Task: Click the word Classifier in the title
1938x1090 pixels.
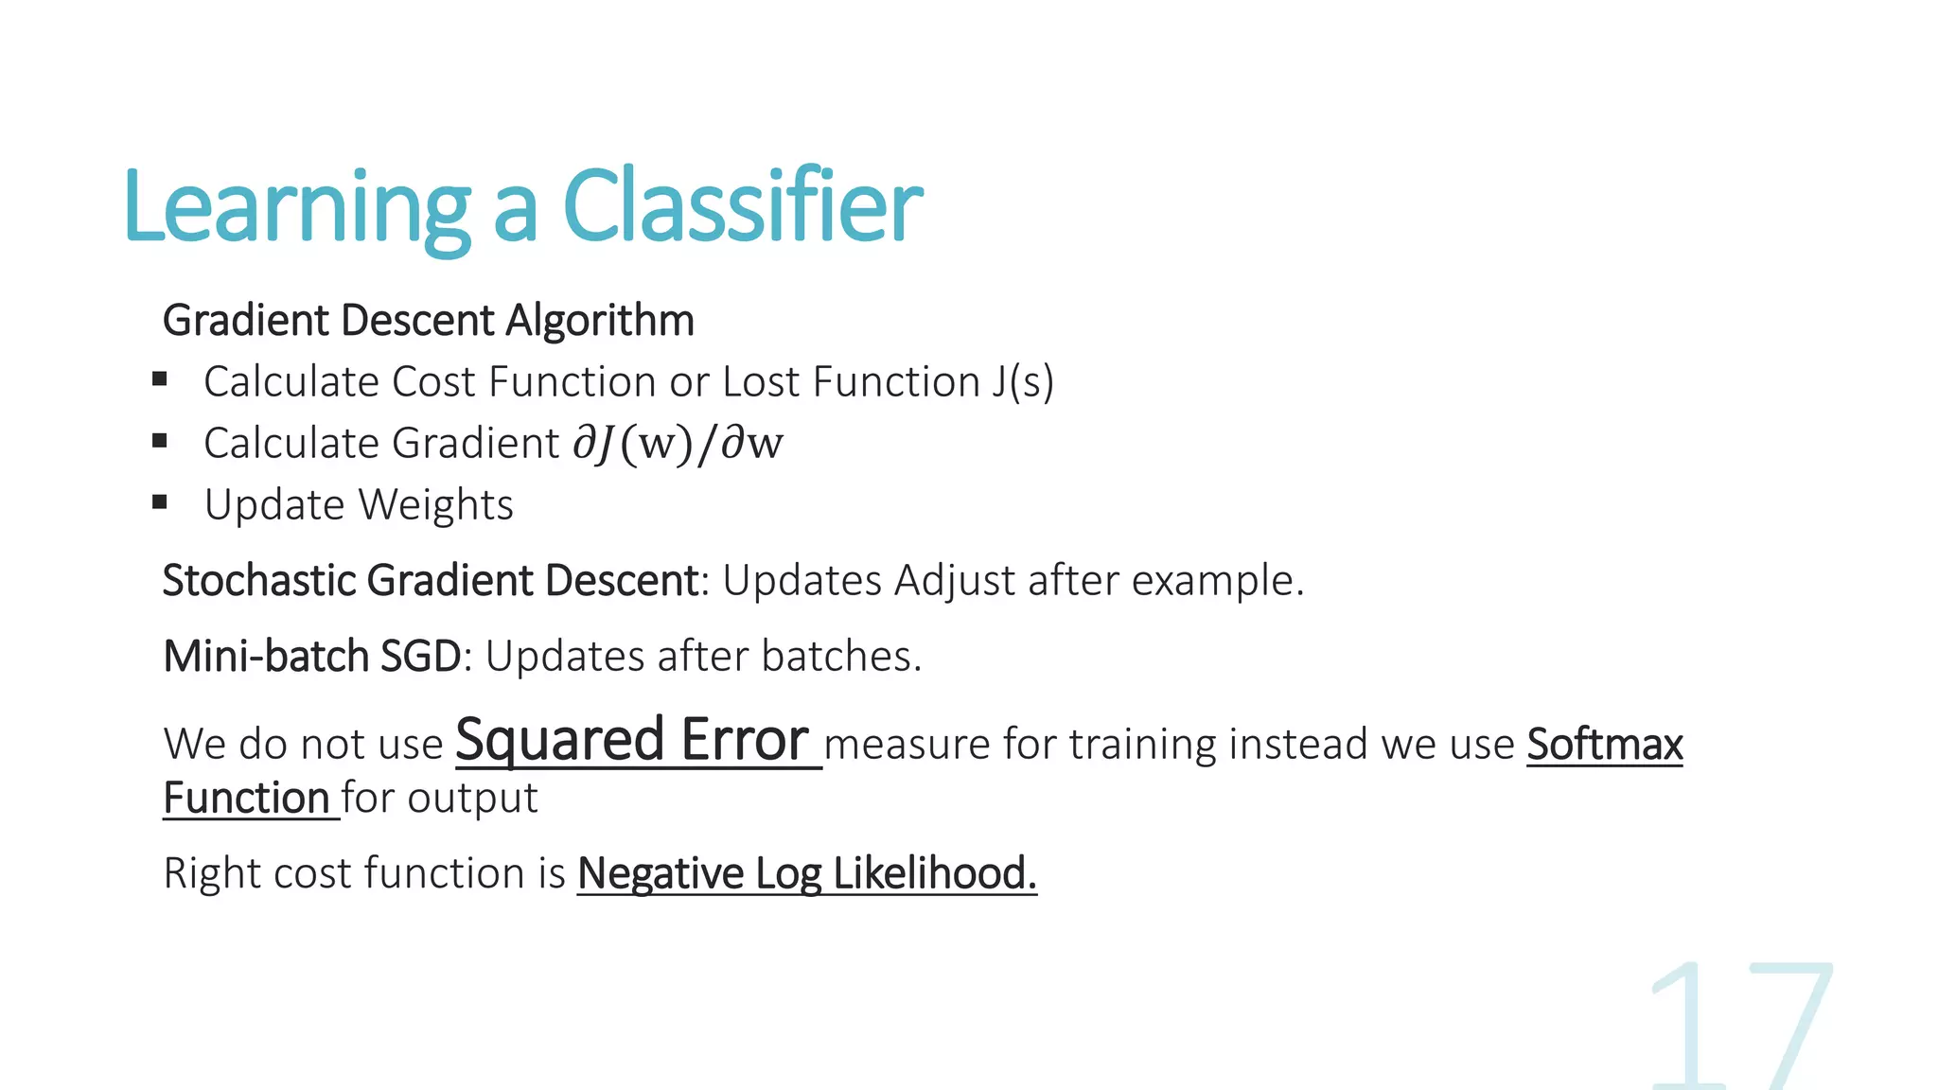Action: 742,206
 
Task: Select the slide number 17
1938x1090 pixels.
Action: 1741,1027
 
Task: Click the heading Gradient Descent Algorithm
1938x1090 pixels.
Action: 428,320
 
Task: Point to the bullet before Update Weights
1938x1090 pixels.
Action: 160,502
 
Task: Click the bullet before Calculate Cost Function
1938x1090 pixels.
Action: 160,379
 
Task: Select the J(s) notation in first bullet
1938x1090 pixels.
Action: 1023,382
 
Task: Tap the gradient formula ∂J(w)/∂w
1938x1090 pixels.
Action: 678,444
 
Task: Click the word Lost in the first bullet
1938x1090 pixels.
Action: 761,382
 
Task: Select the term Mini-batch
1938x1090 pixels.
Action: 265,656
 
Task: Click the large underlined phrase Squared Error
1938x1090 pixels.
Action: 632,740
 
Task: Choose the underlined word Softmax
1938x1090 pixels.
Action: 1604,744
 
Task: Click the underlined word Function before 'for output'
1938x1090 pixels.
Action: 245,798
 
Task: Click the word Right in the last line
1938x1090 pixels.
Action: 211,873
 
